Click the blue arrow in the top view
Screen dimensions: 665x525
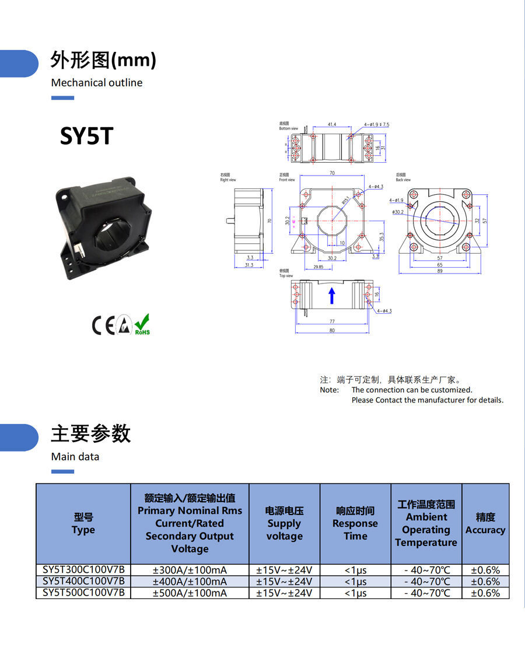point(332,295)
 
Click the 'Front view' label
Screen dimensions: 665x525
point(287,180)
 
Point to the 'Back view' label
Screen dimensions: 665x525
point(403,180)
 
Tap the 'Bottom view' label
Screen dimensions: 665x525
point(288,128)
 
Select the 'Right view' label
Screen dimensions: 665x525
point(228,180)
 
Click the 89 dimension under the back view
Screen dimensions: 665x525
point(440,271)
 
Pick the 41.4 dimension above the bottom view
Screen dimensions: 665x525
point(332,124)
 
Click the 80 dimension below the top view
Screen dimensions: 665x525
point(332,331)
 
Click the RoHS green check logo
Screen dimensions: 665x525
point(142,324)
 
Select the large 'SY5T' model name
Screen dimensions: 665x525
point(86,136)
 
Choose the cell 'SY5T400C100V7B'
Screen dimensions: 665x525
point(83,582)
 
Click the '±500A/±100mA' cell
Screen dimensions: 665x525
point(190,593)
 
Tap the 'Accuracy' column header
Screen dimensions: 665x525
point(485,530)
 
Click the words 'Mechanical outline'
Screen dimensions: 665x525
point(97,83)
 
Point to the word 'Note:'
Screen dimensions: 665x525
point(329,390)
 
